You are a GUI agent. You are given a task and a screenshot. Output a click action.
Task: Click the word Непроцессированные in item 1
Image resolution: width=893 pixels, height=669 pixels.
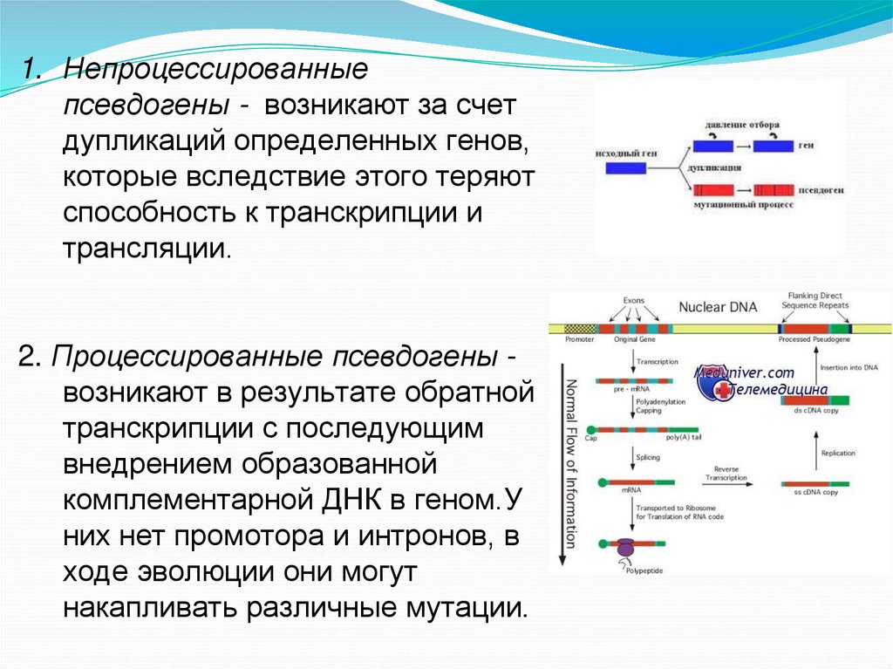click(x=217, y=67)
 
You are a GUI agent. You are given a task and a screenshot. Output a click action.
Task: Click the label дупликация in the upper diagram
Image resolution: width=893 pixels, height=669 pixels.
click(x=715, y=166)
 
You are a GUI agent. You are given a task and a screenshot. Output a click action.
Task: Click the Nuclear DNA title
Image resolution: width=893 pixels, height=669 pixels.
click(x=718, y=307)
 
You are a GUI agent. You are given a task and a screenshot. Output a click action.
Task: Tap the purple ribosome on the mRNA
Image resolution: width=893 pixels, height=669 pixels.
click(x=625, y=547)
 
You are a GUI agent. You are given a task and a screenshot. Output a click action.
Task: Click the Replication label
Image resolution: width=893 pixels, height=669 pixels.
click(x=838, y=454)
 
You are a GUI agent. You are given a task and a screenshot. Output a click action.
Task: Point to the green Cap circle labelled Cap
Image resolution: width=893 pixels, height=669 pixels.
click(x=592, y=429)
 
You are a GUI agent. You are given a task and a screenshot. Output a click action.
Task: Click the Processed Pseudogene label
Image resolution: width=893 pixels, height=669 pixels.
click(x=815, y=338)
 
